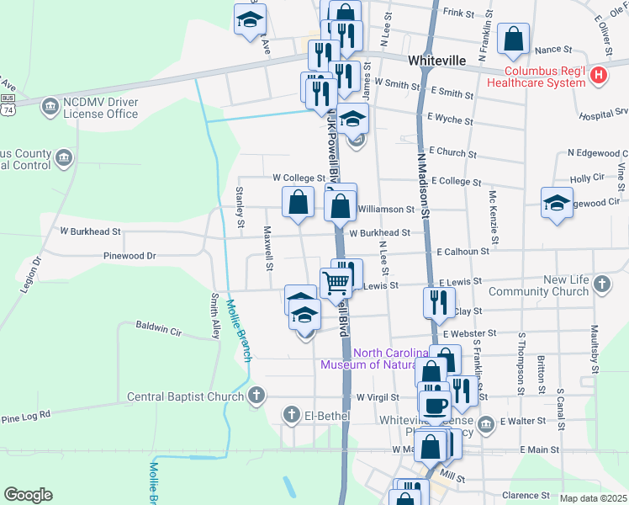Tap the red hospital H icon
[x=599, y=75]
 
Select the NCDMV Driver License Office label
[x=100, y=108]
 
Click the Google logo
[x=28, y=495]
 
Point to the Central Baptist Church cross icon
[x=257, y=396]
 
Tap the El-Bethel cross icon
[x=291, y=414]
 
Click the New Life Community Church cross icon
[x=602, y=284]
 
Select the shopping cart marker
[x=336, y=284]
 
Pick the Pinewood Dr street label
[x=129, y=255]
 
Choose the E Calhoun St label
[x=462, y=252]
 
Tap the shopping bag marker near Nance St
[x=513, y=39]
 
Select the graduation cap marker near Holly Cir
[x=555, y=203]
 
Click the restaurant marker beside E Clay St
[x=439, y=303]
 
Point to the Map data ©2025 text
[x=593, y=498]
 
